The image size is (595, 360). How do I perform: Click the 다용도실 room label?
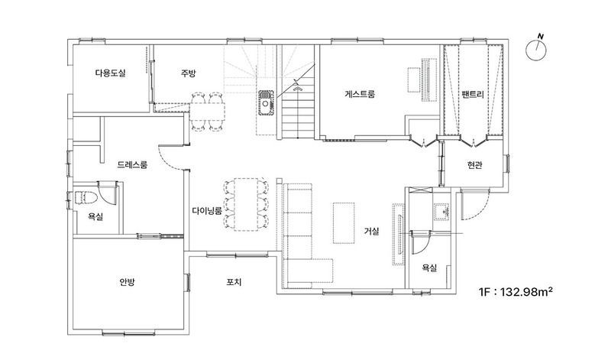coord(110,73)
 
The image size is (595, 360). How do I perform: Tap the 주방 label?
coord(188,73)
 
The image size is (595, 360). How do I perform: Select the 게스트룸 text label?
coord(360,94)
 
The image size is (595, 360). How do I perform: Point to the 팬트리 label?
coord(474,94)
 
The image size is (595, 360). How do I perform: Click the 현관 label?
coord(475,165)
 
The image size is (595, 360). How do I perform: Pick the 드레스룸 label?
coord(132,164)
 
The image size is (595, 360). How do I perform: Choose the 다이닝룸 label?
coord(207,211)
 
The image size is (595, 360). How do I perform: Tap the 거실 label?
coord(371,231)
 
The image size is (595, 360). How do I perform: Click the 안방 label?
coord(127,282)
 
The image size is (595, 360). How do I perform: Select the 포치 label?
coord(234,282)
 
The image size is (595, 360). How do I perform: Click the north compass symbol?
coord(535,48)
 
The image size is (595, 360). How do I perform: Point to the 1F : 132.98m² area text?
coord(516,292)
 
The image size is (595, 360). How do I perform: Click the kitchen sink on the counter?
coord(266,102)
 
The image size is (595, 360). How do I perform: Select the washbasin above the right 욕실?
coord(441,211)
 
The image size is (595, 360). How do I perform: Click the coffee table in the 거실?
coord(344,223)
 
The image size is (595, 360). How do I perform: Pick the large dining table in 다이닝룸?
coord(245,205)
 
